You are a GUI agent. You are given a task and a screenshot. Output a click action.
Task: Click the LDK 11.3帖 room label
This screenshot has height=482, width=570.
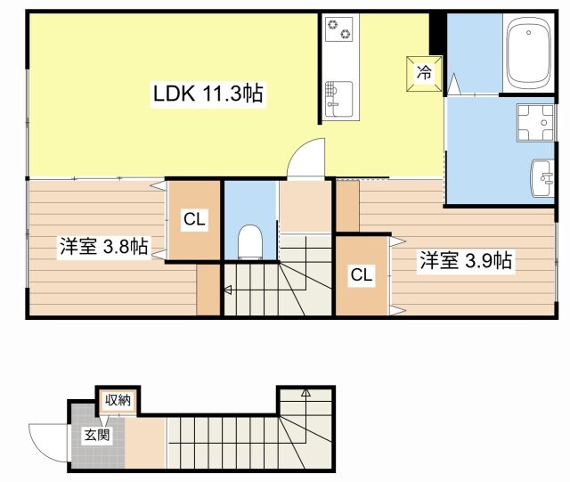pyautogui.click(x=208, y=93)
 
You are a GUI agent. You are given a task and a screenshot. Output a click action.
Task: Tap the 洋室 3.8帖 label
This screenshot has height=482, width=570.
pyautogui.click(x=103, y=247)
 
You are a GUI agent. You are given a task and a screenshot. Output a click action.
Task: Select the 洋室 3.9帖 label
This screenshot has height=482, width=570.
pyautogui.click(x=465, y=261)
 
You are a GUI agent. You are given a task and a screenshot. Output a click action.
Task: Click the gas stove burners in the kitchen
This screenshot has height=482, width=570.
pyautogui.click(x=338, y=29)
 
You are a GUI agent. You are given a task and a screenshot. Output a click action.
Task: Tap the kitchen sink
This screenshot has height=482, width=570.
pyautogui.click(x=338, y=95)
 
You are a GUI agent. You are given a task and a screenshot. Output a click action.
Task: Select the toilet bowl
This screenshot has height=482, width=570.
pyautogui.click(x=250, y=241)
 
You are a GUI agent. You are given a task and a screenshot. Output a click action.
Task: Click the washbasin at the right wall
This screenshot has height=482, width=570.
pyautogui.click(x=542, y=178)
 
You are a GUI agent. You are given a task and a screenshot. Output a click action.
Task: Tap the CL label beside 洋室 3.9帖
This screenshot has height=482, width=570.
pyautogui.click(x=361, y=275)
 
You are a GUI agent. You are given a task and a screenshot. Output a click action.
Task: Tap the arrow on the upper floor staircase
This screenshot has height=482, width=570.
pyautogui.click(x=228, y=289)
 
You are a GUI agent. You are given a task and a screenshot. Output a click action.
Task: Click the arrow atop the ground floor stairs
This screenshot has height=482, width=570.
pyautogui.click(x=305, y=392)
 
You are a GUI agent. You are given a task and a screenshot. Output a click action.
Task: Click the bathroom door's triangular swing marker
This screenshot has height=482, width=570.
pyautogui.click(x=454, y=86)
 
